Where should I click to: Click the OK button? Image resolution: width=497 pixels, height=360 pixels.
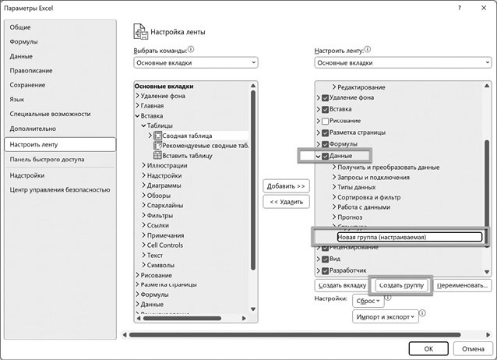click(428, 348)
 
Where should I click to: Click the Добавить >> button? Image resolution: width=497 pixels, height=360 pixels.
click(287, 186)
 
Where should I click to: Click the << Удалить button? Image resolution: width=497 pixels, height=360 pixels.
click(287, 202)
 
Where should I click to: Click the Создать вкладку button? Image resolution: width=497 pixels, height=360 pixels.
click(340, 285)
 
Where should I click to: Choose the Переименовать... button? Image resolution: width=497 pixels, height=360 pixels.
click(463, 285)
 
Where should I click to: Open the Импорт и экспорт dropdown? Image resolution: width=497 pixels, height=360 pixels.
click(386, 316)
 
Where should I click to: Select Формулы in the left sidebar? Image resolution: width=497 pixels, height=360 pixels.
click(24, 41)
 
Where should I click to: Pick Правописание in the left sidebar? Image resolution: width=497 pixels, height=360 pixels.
click(31, 70)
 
